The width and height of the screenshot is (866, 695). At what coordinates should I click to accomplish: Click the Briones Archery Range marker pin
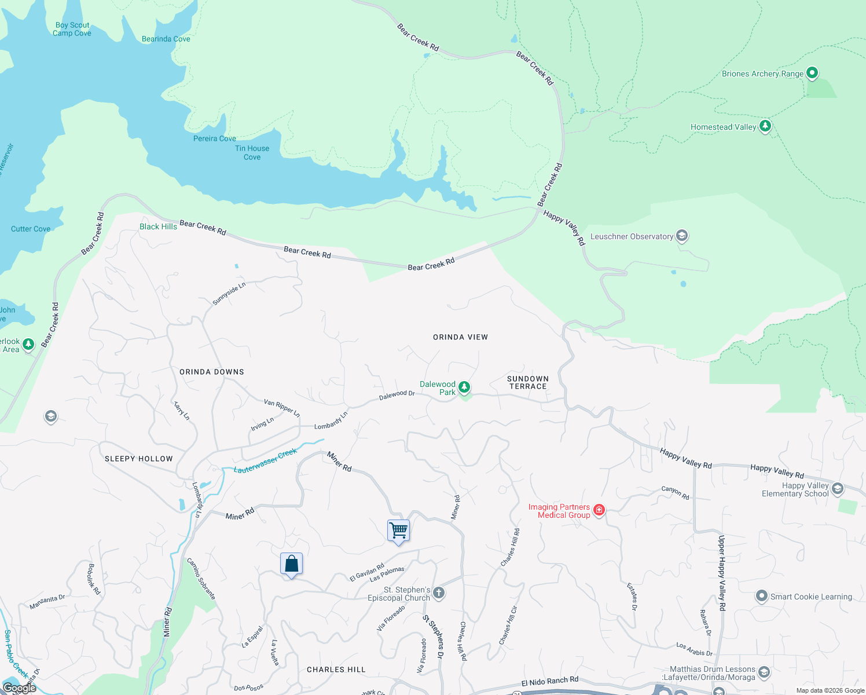[x=812, y=73]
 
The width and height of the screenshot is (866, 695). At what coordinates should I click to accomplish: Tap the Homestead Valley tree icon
[x=765, y=126]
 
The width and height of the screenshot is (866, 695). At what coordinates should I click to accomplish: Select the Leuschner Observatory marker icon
[x=681, y=236]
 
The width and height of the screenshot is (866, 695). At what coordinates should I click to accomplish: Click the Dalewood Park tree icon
[x=464, y=387]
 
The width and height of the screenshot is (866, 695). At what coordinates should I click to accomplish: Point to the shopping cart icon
[x=398, y=530]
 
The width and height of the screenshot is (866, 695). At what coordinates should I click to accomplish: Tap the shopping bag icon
[x=291, y=564]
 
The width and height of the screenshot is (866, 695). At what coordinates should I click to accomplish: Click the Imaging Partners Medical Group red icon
[x=599, y=510]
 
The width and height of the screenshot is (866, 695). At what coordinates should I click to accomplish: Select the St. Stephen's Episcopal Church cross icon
[x=439, y=592]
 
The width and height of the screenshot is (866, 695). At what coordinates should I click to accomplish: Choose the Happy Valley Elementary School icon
[x=838, y=489]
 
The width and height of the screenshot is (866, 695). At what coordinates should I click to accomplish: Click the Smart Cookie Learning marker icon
[x=762, y=596]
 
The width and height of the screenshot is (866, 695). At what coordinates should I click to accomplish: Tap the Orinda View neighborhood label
[x=460, y=337]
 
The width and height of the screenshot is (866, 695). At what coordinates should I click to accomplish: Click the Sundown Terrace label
[x=527, y=382]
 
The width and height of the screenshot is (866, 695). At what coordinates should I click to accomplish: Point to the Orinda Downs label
[x=212, y=372]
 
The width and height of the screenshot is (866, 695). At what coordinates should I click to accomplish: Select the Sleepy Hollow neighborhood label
[x=139, y=459]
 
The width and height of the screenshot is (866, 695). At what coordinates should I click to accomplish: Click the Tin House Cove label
[x=252, y=152]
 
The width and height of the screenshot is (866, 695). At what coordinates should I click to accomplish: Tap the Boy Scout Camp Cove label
[x=72, y=29]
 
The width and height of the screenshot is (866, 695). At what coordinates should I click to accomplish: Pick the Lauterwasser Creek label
[x=265, y=462]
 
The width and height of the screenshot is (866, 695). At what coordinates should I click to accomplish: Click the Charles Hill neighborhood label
[x=336, y=670]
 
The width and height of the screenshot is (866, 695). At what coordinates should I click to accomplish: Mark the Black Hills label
[x=158, y=226]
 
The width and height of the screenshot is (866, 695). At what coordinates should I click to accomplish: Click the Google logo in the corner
[x=20, y=687]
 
